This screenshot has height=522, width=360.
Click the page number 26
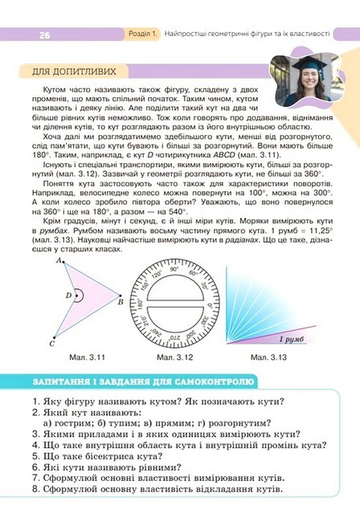point(43,35)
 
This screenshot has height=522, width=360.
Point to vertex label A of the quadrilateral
point(59,261)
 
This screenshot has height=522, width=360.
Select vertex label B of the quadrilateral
point(121,303)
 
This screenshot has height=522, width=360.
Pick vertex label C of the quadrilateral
point(51,344)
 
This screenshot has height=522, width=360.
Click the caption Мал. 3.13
point(269,357)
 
